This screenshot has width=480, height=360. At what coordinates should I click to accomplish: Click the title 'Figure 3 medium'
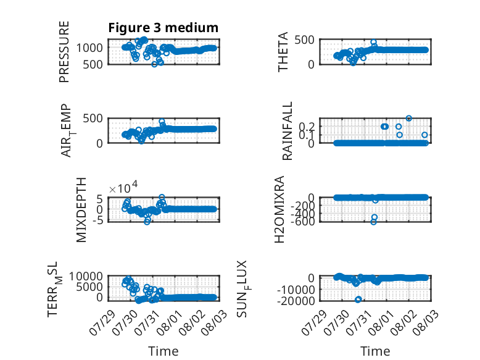(163, 28)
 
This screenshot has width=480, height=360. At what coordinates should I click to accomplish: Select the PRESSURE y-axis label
(64, 52)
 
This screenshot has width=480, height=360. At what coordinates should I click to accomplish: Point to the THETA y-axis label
(283, 52)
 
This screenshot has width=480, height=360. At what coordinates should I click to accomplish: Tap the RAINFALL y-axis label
(287, 131)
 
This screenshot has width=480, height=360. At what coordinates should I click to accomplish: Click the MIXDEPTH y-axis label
(81, 210)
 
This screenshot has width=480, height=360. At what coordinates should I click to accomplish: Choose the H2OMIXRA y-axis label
(279, 209)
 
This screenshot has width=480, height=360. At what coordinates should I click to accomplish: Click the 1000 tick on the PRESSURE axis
(89, 48)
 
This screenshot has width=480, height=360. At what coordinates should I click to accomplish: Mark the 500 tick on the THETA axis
(304, 40)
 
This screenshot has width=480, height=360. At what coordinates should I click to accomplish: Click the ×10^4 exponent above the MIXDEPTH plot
(123, 187)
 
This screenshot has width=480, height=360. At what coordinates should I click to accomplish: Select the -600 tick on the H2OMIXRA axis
(302, 221)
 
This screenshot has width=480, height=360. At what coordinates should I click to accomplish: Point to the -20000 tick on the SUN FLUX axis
(296, 301)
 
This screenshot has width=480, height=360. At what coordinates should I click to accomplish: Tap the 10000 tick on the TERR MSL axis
(86, 277)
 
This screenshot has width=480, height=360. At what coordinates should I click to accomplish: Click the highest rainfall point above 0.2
(408, 119)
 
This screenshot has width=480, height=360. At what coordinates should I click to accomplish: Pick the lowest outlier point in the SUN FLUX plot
(358, 299)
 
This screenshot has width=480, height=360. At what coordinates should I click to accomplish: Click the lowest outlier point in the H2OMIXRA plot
(373, 222)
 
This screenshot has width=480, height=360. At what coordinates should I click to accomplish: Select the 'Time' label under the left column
(163, 351)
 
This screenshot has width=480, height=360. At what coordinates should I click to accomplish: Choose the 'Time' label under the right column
(375, 351)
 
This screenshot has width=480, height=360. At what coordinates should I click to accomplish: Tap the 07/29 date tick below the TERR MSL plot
(102, 322)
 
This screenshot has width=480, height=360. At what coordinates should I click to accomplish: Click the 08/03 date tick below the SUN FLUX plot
(425, 322)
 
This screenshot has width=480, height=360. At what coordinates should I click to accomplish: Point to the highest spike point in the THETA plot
(373, 42)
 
